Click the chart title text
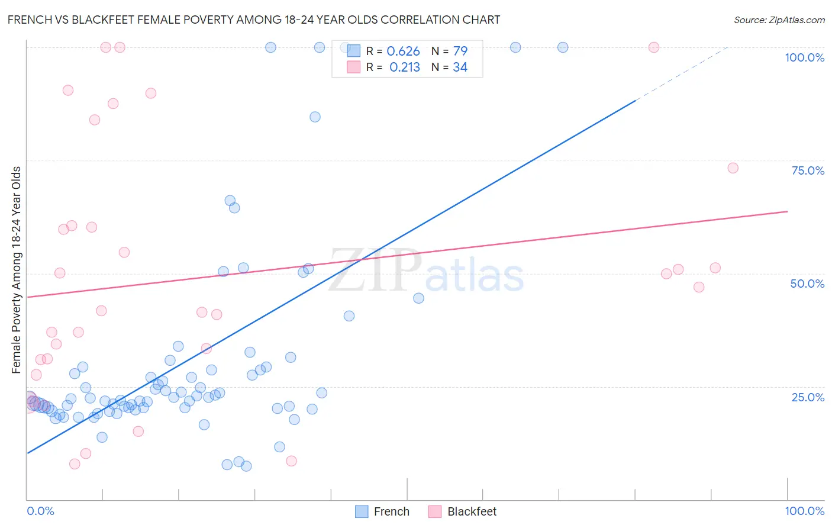click(253, 20)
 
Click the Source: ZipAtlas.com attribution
click(779, 20)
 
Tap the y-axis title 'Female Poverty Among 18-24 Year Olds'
click(16, 270)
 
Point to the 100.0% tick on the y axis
click(804, 57)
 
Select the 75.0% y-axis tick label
click(807, 170)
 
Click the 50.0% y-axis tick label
click(807, 284)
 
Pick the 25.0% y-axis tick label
click(807, 397)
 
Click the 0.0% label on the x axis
click(40, 511)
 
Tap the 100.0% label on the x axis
click(804, 511)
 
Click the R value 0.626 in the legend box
click(403, 51)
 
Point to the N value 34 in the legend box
click(460, 67)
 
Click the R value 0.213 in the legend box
click(404, 67)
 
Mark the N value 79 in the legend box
click(460, 51)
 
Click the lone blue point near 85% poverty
click(315, 117)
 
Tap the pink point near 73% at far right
click(733, 168)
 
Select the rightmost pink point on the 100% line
click(653, 47)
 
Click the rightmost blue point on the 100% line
click(563, 47)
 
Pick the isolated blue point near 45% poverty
click(418, 298)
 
